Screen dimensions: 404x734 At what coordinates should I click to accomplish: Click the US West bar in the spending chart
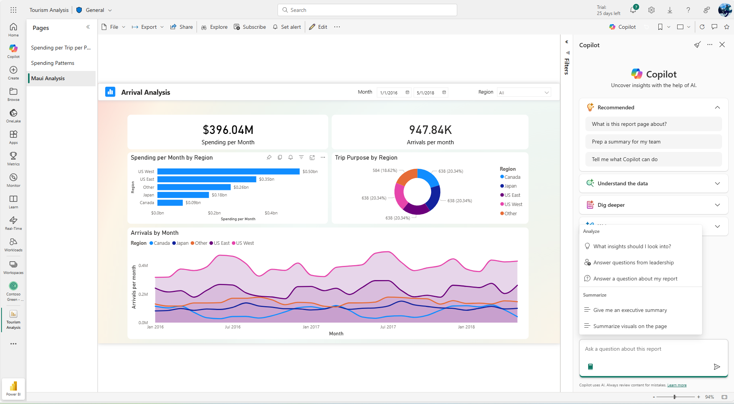[x=228, y=171]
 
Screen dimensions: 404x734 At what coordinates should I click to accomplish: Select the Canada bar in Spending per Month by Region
[x=170, y=203]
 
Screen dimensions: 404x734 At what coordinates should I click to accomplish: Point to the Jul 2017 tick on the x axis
[x=388, y=327]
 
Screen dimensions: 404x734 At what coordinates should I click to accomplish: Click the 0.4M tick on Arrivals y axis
[x=143, y=265]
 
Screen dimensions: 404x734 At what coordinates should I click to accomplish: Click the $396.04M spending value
[x=228, y=130]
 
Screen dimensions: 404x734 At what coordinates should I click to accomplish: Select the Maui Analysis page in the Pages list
[x=48, y=78]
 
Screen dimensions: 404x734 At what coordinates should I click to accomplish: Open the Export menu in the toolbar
[x=148, y=27]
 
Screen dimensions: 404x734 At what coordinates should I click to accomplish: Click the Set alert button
[x=287, y=27]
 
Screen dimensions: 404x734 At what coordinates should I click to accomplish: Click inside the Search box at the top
[x=367, y=10]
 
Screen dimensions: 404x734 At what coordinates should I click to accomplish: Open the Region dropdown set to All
[x=524, y=92]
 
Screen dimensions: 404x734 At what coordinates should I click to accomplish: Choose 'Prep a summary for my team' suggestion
[x=626, y=142]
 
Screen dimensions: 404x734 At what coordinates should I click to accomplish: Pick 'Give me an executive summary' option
[x=630, y=310]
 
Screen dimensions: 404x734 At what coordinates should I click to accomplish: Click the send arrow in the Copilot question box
[x=716, y=367]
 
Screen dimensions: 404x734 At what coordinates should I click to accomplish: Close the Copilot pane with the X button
[x=722, y=45]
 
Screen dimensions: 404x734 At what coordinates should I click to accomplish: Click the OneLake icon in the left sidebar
[x=13, y=115]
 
